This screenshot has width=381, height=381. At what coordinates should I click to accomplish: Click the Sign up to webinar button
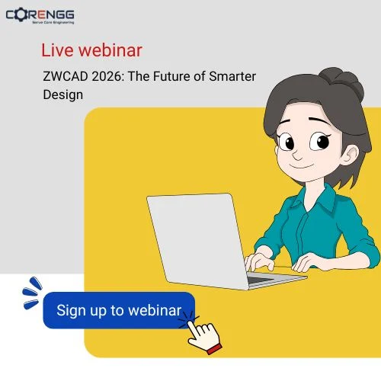(119, 311)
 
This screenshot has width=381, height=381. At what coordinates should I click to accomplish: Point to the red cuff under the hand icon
(215, 349)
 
